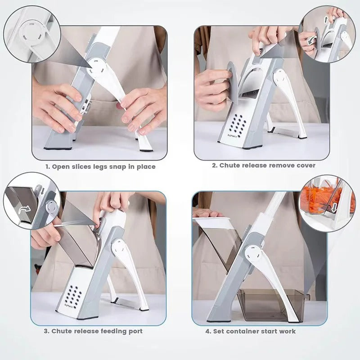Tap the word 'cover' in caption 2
305,165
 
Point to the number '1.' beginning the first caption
48,166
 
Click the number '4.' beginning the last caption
208,331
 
